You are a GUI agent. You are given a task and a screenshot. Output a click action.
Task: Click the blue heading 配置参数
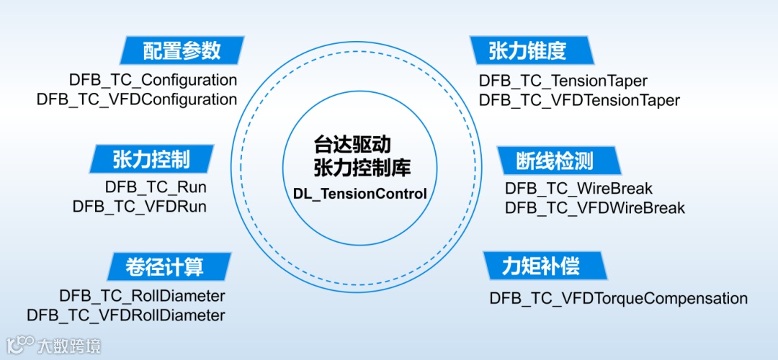point(182,50)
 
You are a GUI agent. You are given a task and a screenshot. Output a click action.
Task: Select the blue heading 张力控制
point(151,158)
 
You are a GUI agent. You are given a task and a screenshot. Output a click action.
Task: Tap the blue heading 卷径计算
point(169,266)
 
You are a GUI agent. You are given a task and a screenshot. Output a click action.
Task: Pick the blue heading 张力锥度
point(528,50)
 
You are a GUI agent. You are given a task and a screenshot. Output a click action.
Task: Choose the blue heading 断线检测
point(555,159)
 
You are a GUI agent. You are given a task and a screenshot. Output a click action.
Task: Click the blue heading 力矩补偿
point(541,266)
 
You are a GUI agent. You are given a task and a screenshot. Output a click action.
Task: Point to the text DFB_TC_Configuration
point(153,80)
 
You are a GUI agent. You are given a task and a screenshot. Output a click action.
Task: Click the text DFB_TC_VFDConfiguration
point(137,99)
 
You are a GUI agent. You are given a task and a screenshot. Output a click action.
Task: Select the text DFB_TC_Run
point(156,187)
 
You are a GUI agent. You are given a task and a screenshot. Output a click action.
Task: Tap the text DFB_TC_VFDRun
point(140,207)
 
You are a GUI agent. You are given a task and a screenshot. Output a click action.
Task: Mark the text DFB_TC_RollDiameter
point(143,295)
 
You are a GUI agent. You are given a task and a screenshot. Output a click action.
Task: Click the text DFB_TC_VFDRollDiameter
point(126,315)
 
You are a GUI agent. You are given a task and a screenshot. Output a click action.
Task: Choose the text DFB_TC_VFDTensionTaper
point(579,100)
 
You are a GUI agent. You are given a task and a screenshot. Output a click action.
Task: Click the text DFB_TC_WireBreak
point(578,189)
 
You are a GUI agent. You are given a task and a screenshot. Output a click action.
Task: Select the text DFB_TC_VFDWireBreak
point(595,208)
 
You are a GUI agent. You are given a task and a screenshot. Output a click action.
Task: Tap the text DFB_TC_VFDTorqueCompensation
point(618,298)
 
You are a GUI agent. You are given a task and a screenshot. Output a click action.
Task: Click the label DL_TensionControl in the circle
point(360,194)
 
